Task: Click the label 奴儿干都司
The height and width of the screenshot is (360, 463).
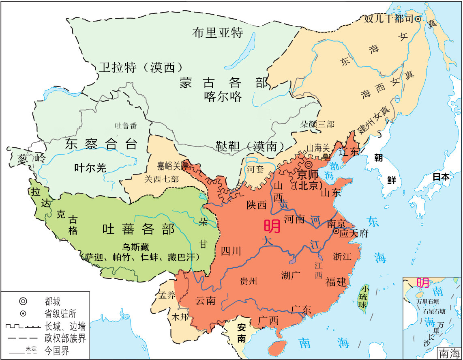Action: point(388,19)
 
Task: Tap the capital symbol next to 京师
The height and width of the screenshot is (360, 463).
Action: point(309,165)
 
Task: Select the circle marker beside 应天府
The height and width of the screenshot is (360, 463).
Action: point(336,231)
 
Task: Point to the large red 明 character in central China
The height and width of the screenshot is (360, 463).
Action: point(272,226)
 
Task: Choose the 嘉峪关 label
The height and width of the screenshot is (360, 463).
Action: point(170,165)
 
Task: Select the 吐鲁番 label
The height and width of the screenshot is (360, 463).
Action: point(126,125)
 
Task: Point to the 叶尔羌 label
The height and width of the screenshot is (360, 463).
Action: point(90,168)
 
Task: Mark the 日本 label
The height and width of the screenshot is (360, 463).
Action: point(441,177)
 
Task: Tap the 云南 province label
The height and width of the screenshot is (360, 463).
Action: point(205,301)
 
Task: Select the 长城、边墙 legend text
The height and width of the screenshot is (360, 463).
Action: point(65,326)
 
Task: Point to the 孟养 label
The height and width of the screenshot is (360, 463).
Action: point(167,295)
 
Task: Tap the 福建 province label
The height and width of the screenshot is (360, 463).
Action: point(336,281)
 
